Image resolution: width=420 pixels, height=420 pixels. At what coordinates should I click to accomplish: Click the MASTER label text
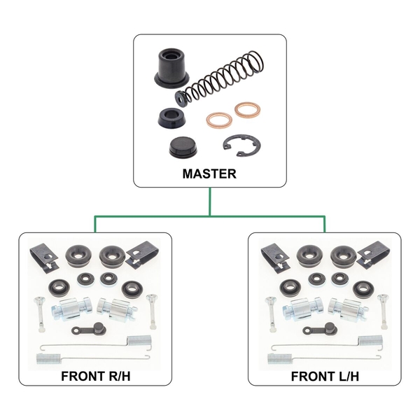click(209, 174)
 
